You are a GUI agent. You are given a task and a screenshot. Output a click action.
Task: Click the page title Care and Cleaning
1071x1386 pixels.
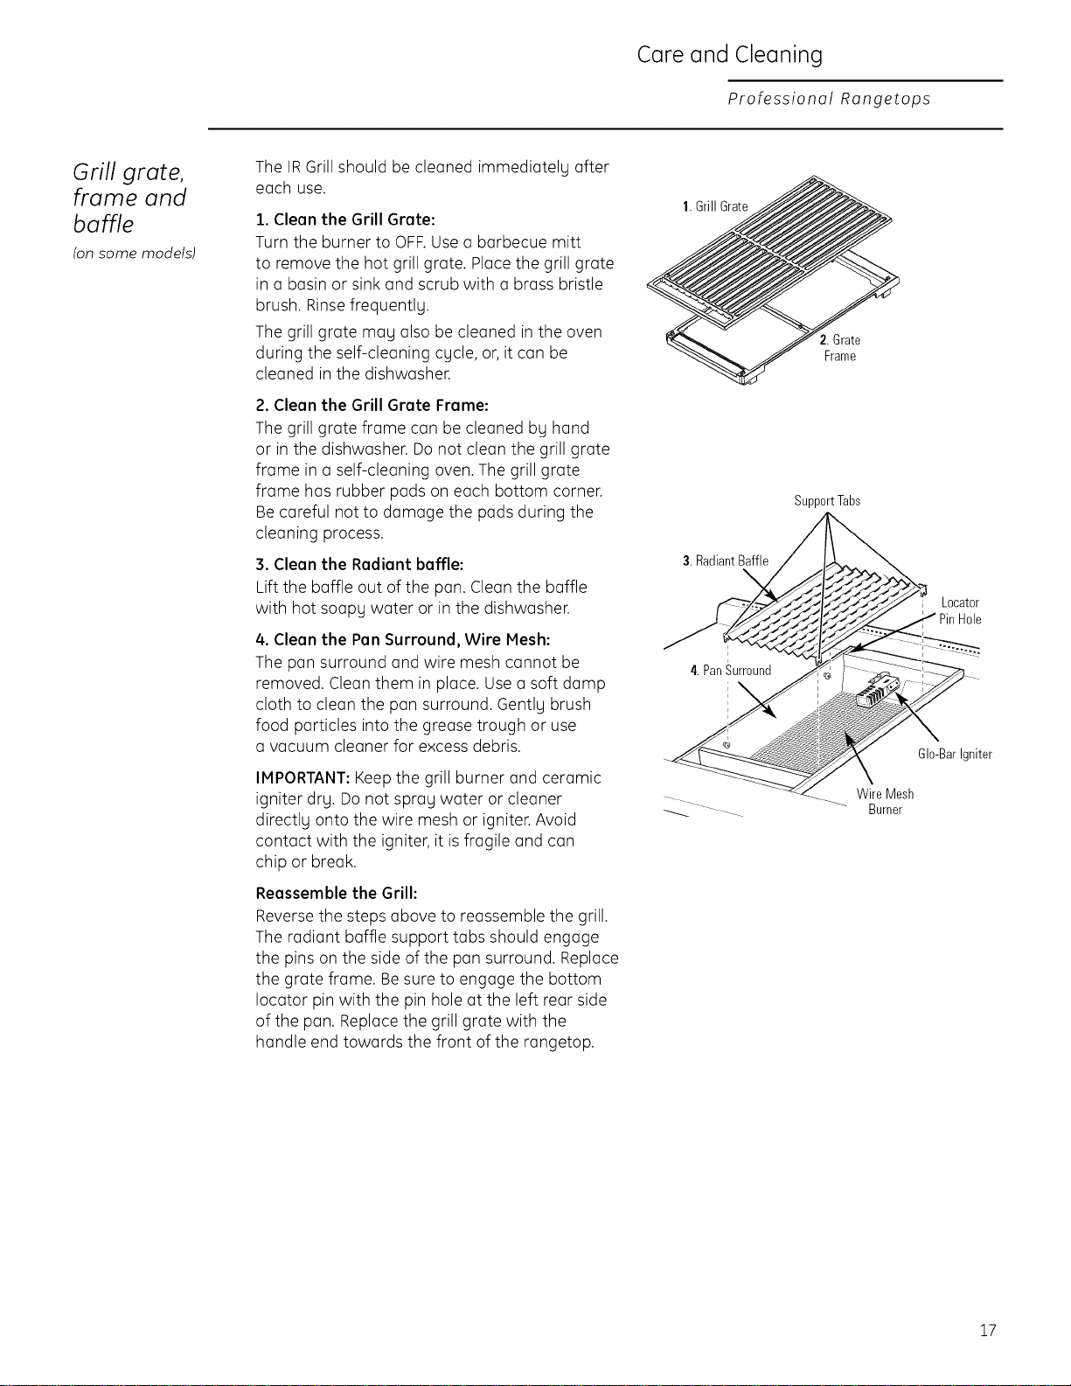tap(729, 55)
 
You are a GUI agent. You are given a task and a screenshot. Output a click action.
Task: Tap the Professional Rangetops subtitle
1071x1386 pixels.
tap(830, 99)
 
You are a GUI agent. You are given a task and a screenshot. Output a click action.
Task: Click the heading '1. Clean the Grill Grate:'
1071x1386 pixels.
tap(344, 219)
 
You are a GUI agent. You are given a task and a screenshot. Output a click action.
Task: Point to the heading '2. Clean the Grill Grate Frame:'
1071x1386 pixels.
tap(372, 406)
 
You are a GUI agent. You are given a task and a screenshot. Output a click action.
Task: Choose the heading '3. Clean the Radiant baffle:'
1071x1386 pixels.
tap(359, 565)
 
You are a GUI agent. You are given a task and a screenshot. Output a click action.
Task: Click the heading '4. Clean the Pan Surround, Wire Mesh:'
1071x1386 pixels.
tap(402, 639)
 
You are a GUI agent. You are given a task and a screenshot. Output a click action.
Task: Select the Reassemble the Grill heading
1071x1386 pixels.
tap(336, 892)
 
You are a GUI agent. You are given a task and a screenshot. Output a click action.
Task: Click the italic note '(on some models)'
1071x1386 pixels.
tap(134, 254)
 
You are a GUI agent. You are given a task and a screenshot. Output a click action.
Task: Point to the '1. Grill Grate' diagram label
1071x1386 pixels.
tap(714, 206)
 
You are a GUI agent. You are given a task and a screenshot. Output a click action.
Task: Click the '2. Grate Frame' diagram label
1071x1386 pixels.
tap(840, 348)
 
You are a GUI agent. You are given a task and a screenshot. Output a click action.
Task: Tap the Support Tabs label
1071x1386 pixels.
tap(827, 501)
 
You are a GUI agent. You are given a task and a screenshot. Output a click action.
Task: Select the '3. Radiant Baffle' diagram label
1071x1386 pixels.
tap(726, 561)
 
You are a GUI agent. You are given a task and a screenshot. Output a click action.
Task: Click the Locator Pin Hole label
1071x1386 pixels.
tap(961, 611)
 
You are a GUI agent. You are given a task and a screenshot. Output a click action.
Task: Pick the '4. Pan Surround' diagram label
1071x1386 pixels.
tap(731, 671)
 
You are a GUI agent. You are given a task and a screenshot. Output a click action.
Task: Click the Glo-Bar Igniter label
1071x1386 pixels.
tap(955, 755)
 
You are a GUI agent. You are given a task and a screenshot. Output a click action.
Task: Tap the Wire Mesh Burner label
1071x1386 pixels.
tap(885, 802)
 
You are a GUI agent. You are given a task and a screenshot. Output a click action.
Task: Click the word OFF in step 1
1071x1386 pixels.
tap(406, 242)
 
